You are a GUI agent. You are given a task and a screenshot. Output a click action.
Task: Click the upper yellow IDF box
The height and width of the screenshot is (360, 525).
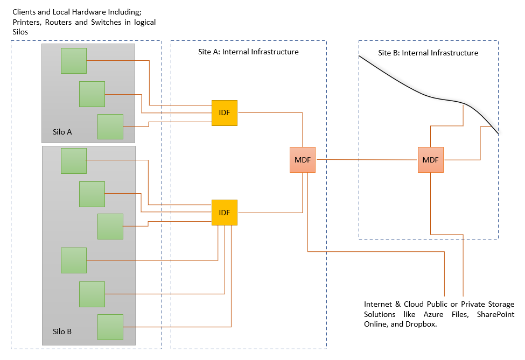pos(224,113)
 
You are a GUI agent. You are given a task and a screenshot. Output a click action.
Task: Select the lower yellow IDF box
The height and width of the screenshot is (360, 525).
pos(224,213)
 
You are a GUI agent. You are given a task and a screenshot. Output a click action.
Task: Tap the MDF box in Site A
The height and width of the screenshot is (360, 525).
pos(302,160)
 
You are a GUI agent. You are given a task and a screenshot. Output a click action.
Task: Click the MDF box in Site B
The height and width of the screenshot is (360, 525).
pos(430,160)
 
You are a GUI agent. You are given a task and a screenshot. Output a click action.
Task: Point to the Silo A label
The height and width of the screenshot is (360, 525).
pos(62,132)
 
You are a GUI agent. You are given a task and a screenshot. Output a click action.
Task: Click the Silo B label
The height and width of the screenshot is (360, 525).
pos(62,331)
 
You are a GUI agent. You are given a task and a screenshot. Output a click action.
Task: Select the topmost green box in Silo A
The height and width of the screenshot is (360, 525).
pos(73,61)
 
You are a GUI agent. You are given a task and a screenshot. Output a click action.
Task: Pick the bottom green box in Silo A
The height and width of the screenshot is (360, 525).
pos(110,127)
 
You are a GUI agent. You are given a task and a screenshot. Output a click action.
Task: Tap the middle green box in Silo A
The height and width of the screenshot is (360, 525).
pos(92,94)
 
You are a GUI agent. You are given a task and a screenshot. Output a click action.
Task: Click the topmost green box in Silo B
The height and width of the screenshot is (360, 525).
pos(73,160)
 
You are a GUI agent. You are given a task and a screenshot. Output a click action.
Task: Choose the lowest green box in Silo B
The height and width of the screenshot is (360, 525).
pos(110,327)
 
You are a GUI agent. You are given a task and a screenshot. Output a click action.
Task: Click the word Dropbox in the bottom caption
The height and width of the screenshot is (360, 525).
pos(416,324)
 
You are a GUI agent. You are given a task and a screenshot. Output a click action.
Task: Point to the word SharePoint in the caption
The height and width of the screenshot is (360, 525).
pos(495,314)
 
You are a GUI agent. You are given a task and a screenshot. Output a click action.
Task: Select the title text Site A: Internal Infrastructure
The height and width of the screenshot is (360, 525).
pos(248,52)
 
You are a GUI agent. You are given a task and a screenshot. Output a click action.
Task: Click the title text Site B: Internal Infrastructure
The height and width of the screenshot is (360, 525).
pos(428,53)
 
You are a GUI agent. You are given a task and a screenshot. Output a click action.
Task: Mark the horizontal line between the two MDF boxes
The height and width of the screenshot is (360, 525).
pos(366,160)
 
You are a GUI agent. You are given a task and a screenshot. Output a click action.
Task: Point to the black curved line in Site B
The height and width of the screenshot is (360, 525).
pos(409,88)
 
